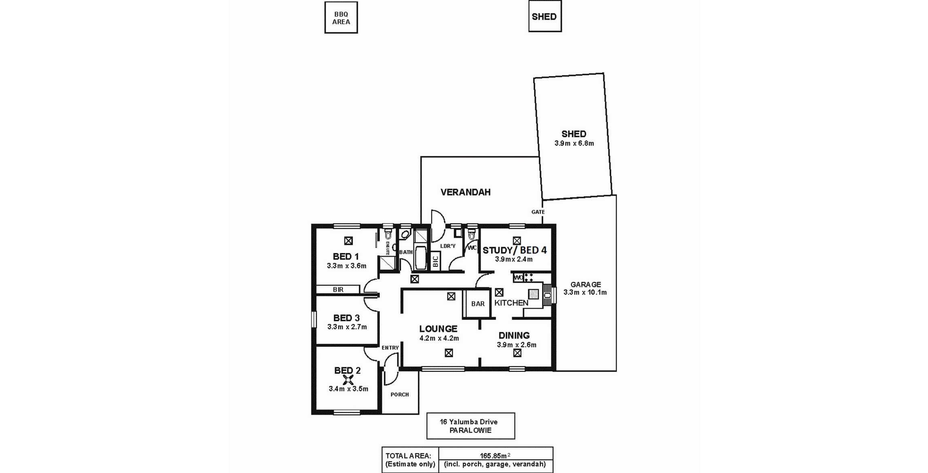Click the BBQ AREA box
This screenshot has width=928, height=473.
pos(341,18)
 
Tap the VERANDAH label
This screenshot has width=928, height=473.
pos(466,192)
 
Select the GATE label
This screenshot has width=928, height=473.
pos(538,212)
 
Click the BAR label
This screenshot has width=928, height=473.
pos(478,304)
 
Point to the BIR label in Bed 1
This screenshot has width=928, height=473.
pos(338,290)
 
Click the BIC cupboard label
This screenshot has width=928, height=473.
pos(435,262)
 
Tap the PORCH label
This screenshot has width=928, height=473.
pos(400,394)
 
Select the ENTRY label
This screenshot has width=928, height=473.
pos(390,347)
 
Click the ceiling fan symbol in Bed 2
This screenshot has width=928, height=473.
pos(348,379)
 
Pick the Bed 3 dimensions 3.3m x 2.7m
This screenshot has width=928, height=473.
pos(347,327)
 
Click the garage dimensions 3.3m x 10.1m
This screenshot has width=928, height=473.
pos(585,292)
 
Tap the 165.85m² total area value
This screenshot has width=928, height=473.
pos(495,456)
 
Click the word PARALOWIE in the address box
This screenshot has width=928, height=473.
pos(470,430)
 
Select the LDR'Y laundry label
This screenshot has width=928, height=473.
pos(448,246)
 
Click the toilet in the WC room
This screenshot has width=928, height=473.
pos(471,235)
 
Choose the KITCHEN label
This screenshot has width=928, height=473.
pos(511,303)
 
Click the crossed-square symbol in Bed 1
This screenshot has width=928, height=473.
pos(348,241)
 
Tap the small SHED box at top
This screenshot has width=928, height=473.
pos(545,17)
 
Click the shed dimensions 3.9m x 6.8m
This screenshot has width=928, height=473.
pos(574,143)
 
